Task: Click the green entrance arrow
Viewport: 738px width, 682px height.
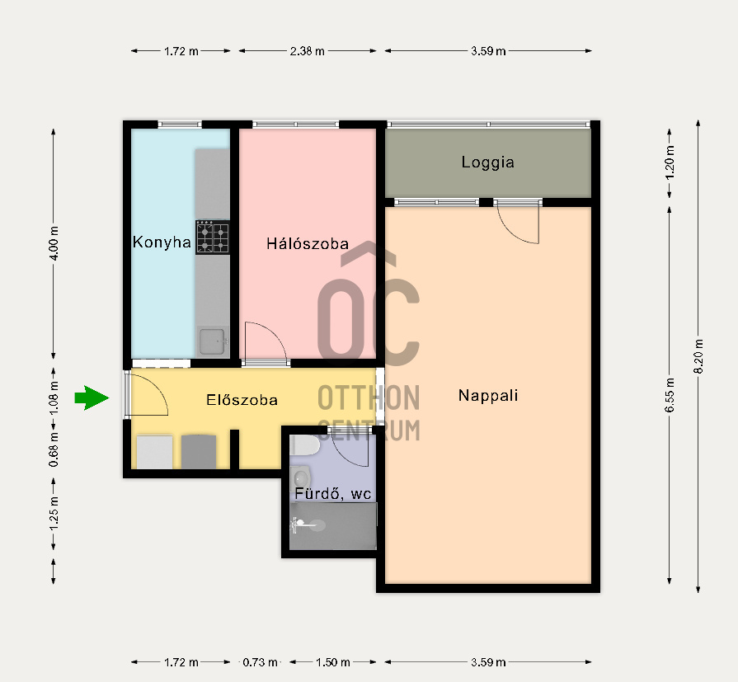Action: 92,397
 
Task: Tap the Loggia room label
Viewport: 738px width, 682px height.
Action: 487,162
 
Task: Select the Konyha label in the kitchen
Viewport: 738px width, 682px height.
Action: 162,242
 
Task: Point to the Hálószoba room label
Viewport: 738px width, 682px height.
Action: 308,243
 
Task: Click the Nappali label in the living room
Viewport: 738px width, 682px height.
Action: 488,395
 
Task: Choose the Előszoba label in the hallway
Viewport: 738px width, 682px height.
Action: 242,400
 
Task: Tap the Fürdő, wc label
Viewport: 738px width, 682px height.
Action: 333,494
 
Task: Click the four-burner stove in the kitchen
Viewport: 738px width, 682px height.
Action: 213,238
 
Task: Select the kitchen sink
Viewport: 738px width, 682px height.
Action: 213,341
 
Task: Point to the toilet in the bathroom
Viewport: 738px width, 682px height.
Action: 304,445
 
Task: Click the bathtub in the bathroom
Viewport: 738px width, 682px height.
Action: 333,526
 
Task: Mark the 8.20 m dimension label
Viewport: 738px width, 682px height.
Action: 698,356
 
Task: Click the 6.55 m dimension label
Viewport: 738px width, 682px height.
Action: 670,395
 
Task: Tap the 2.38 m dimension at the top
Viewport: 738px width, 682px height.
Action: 308,51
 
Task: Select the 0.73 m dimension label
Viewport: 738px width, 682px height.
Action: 260,662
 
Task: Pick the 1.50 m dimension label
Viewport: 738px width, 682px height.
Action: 333,662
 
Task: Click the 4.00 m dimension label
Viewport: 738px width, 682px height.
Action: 54,243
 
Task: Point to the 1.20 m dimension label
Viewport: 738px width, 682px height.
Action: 670,162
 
